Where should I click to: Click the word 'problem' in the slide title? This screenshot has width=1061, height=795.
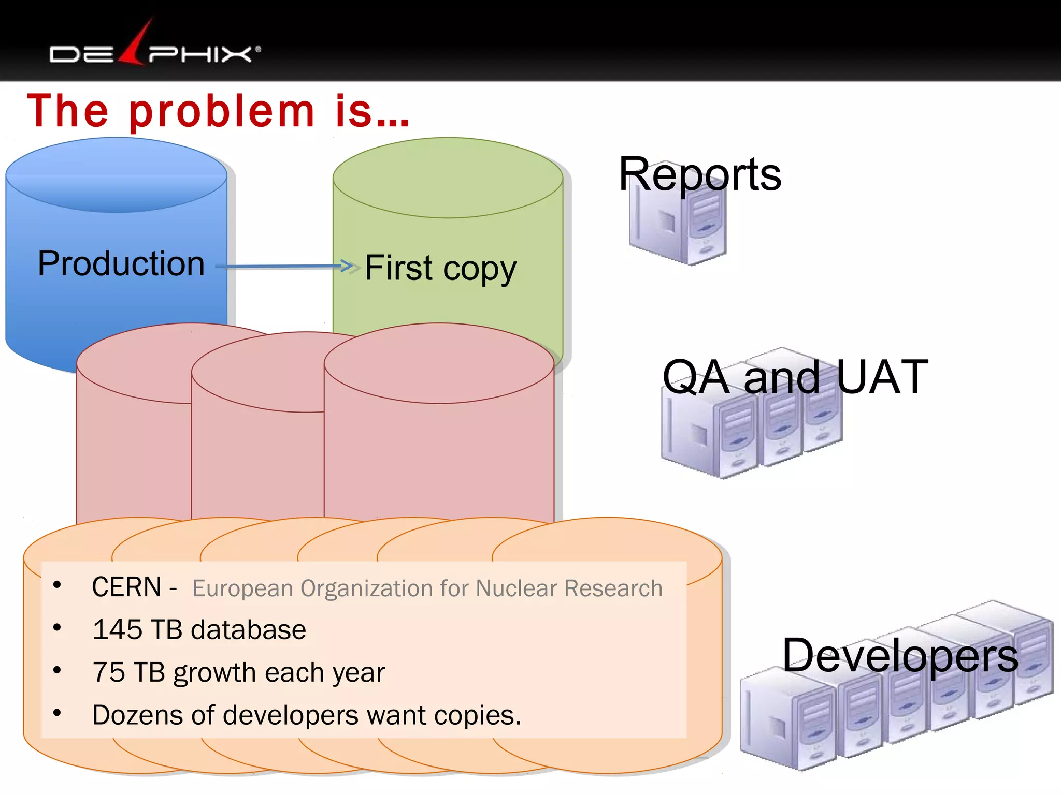coord(222,112)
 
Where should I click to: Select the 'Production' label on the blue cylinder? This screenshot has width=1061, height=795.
coord(121,263)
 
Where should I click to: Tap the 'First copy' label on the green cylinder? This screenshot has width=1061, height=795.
coord(440,268)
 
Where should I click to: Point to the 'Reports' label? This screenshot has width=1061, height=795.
coord(699,174)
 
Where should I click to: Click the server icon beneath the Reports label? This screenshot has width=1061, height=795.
coord(678,228)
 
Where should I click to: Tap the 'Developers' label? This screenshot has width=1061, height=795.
coord(900,656)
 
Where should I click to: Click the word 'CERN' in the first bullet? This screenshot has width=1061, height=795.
coord(126,587)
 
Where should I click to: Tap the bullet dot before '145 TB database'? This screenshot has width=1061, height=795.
coord(57,628)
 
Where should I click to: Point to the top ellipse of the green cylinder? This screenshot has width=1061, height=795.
coord(448,177)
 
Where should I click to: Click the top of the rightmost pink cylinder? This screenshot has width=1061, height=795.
coord(439,363)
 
